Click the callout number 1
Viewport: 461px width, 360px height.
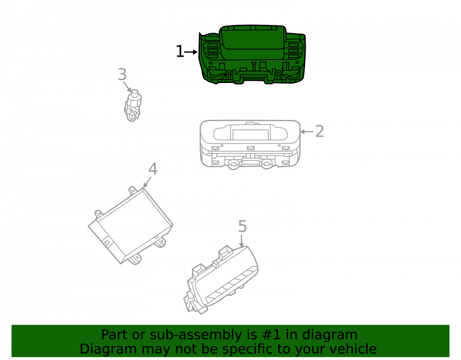pos(180,52)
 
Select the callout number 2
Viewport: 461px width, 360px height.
pos(319,131)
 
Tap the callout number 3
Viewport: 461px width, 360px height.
pos(122,74)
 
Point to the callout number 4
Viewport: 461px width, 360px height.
pos(153,169)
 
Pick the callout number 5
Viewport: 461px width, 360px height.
pos(242,226)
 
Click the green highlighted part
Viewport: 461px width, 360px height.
pos(252,55)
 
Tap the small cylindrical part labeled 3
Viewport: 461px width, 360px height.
pos(133,106)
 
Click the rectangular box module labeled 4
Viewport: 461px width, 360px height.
pos(130,226)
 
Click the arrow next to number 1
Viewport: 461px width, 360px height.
pos(191,52)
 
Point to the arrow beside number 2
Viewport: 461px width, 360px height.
pos(307,132)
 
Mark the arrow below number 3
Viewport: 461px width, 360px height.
pos(127,87)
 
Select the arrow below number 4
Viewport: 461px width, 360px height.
pos(148,182)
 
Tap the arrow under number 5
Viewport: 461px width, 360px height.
pos(242,241)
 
